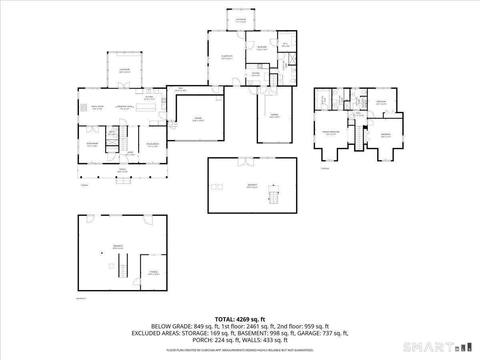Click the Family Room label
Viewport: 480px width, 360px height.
(x=86, y=107)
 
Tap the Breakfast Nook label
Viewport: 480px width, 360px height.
(x=125, y=107)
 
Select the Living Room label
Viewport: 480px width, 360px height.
(x=92, y=144)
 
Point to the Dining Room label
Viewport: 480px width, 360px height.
(x=152, y=144)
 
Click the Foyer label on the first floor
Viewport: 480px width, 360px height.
(x=130, y=153)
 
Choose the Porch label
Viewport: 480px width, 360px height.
(x=122, y=170)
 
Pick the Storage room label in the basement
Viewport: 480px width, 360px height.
(x=154, y=273)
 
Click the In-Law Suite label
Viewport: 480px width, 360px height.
(x=227, y=57)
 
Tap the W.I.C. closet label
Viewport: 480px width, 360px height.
(x=286, y=44)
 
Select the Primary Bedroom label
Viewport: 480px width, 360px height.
(x=331, y=132)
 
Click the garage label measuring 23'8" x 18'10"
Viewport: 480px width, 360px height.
(x=198, y=119)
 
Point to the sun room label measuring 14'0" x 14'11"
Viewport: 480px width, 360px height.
(x=124, y=71)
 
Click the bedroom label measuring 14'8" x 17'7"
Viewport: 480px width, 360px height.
(x=385, y=135)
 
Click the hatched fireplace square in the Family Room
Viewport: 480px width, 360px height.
(x=84, y=107)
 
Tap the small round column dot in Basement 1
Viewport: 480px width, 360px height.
(x=102, y=253)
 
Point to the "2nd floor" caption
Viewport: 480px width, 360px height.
(x=325, y=168)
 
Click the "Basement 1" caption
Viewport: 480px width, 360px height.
(x=81, y=298)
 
